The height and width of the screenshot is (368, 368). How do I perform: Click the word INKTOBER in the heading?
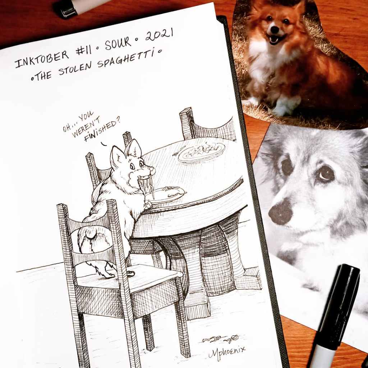[x=42, y=59]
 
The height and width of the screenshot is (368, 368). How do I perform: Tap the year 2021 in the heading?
[x=159, y=34]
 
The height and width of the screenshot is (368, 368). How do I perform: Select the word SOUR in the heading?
[x=118, y=43]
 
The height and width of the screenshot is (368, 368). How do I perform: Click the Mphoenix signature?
[x=226, y=351]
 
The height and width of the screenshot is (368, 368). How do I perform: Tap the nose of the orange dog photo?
[x=275, y=29]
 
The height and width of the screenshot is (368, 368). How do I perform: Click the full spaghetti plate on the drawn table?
[x=202, y=152]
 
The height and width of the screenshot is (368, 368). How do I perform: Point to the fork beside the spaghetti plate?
[x=179, y=151]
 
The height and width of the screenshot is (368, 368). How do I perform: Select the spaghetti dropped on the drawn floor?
[x=220, y=339]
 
